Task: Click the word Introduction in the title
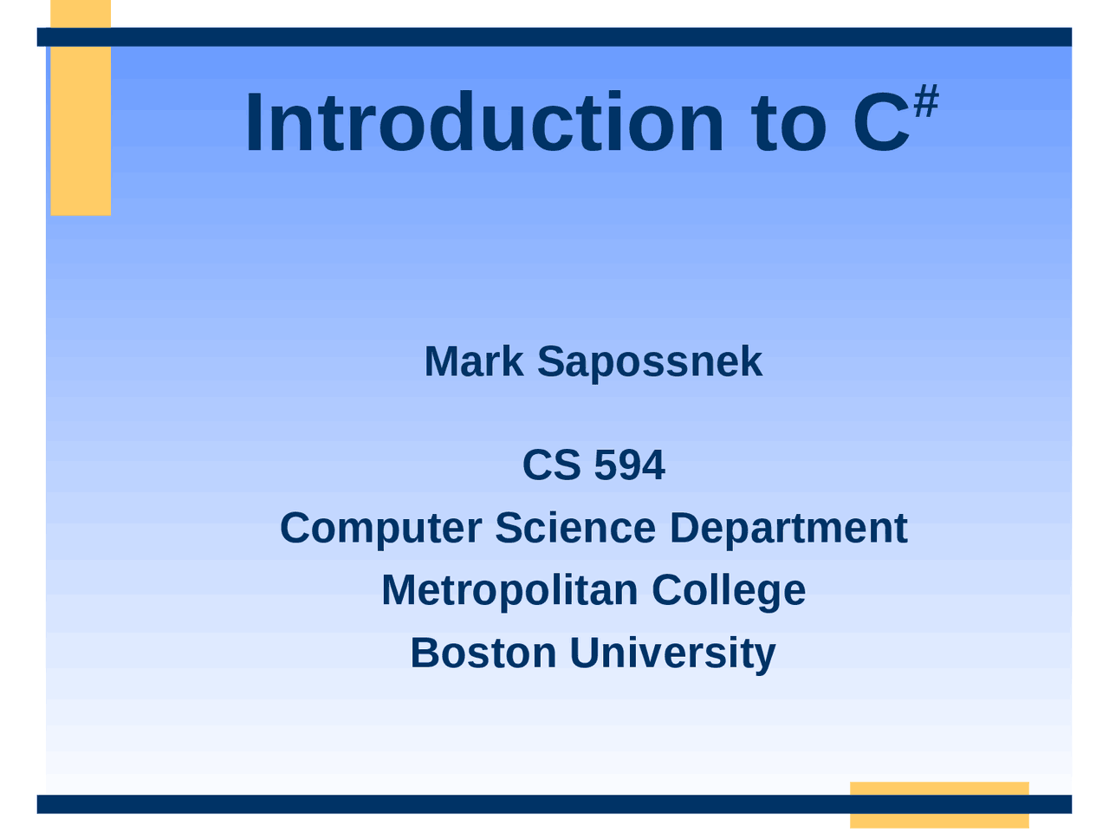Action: tap(483, 124)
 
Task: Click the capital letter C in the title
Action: tap(881, 124)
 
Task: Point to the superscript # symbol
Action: tap(926, 102)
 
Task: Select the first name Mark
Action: tap(474, 361)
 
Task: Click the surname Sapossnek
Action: tap(650, 361)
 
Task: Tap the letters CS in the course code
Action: tap(551, 465)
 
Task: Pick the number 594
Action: tap(630, 465)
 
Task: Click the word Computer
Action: tap(380, 528)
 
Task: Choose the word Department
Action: tap(788, 528)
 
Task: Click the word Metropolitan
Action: tap(509, 590)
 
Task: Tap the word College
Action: tap(729, 590)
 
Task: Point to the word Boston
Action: tap(483, 653)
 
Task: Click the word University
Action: tap(672, 653)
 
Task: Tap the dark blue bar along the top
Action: tap(554, 36)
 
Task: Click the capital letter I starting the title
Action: tap(253, 124)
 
